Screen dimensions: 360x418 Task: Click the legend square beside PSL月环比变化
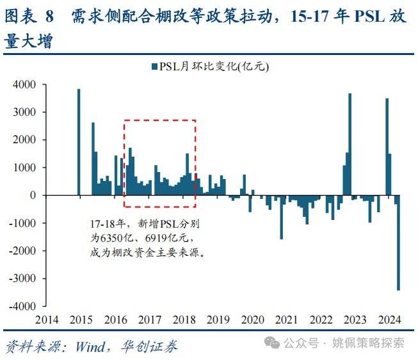click(x=154, y=67)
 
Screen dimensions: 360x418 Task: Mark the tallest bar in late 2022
click(x=350, y=145)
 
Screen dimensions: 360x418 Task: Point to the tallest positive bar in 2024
click(x=387, y=146)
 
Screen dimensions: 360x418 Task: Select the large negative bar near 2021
click(x=281, y=217)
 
